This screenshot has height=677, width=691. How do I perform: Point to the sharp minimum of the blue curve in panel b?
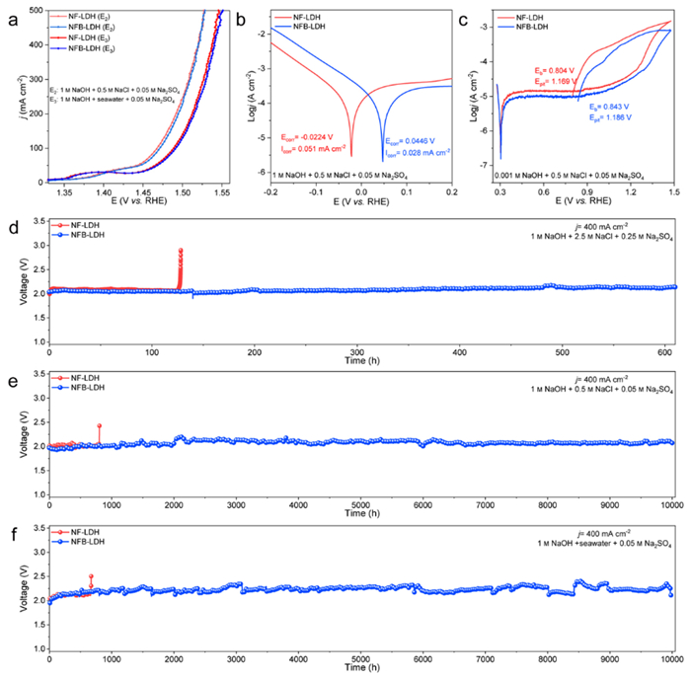click(x=383, y=160)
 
